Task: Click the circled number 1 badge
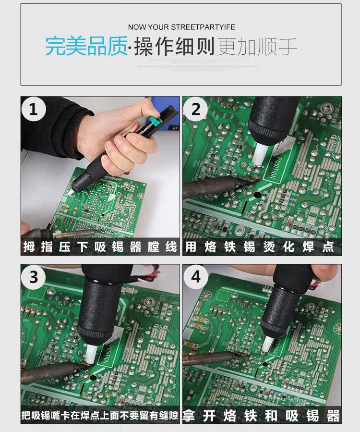coord(33,109)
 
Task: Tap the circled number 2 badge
coord(195,109)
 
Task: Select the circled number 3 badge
coord(33,277)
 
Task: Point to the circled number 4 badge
coord(195,276)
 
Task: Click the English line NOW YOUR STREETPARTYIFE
coord(181,27)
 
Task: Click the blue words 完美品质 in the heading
coord(86,46)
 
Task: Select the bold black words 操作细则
coord(174,46)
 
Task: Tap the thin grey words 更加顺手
coord(257,46)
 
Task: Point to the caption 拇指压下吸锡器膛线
coord(100,247)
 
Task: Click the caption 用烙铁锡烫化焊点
coord(259,247)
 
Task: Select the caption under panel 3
coord(100,415)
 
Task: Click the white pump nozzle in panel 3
coord(91,354)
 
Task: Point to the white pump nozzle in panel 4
coord(268,344)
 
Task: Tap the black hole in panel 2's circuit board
coord(257,195)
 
